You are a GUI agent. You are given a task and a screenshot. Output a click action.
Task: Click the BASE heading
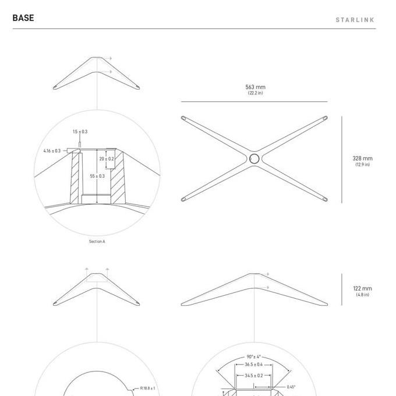tap(23, 18)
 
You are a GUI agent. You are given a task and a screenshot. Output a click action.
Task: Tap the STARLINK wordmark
tap(355, 20)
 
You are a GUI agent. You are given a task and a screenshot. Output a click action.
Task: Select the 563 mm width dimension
tap(255, 87)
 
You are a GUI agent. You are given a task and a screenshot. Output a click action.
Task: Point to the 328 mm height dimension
tap(362, 158)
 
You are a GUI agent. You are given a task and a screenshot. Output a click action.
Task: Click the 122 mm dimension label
tap(362, 288)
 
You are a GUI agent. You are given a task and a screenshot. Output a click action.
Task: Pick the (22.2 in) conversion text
tap(255, 93)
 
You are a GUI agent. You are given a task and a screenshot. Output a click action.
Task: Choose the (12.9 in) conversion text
tap(362, 165)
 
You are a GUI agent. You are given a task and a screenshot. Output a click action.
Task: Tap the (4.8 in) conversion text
tap(362, 295)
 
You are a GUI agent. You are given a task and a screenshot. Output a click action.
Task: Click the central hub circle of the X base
tap(254, 158)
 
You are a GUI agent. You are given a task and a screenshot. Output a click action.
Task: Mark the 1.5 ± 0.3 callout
tap(80, 132)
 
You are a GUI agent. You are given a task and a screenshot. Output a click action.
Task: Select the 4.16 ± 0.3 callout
tap(52, 151)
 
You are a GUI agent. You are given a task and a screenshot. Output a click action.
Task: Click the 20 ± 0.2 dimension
tap(107, 158)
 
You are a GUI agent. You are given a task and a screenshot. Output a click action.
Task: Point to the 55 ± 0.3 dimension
tap(97, 176)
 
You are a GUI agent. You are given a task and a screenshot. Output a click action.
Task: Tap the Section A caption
tap(97, 242)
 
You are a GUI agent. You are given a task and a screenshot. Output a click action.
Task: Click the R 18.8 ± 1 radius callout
tap(148, 388)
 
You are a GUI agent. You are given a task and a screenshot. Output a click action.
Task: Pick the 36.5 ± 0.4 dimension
tap(253, 365)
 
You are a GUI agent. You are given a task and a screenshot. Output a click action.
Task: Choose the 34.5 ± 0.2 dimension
tap(253, 376)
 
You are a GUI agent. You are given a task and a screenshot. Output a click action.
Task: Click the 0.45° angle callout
tap(291, 387)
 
